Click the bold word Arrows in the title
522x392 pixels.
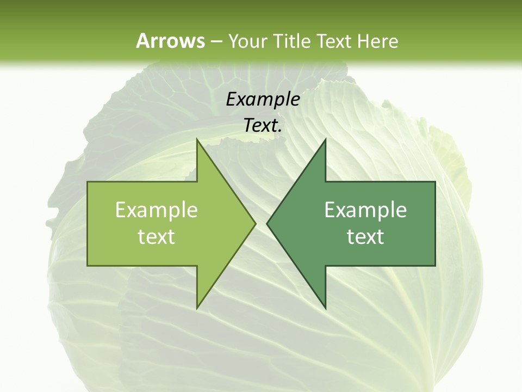170,41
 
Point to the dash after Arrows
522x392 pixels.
216,41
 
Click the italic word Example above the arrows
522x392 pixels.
263,99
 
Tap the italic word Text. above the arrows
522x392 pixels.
263,125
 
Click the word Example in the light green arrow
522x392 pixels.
157,210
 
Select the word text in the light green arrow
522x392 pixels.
157,236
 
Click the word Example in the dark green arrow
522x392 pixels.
365,210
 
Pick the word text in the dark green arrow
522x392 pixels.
365,236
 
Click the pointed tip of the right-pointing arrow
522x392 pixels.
256,223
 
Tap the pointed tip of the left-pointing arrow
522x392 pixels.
267,223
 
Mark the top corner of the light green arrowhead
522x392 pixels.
197,139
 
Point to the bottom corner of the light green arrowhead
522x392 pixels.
197,309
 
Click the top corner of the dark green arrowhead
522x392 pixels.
325,139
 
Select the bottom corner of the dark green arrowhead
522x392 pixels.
325,309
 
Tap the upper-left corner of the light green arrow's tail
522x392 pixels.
88,182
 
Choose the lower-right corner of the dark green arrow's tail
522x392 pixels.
435,266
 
